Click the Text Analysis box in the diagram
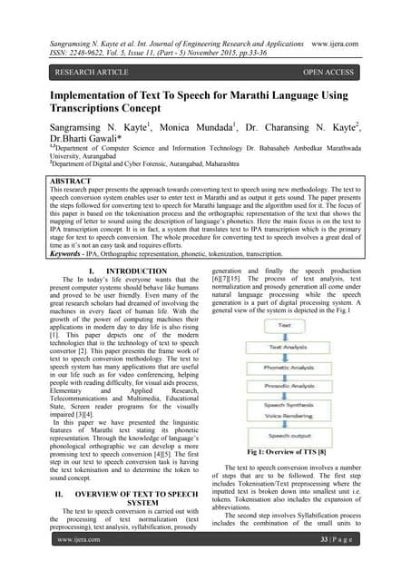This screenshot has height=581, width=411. tap(284, 347)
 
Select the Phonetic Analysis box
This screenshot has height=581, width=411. tap(284, 369)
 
